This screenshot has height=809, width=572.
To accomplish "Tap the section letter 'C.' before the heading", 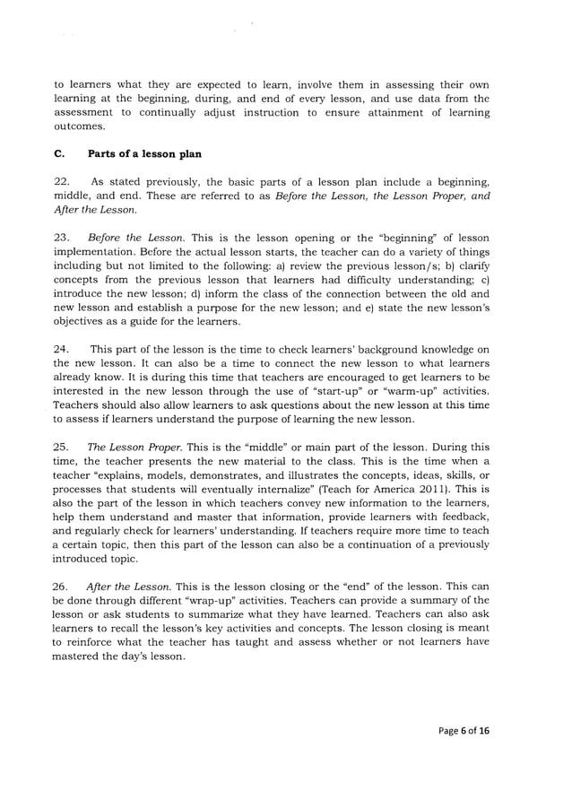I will [x=60, y=154].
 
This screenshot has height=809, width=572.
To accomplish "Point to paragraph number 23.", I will [x=63, y=238].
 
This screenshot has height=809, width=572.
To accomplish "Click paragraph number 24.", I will [x=63, y=349].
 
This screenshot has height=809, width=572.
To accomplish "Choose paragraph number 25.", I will [x=63, y=447].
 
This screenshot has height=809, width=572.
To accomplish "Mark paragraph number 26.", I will [x=63, y=586].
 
